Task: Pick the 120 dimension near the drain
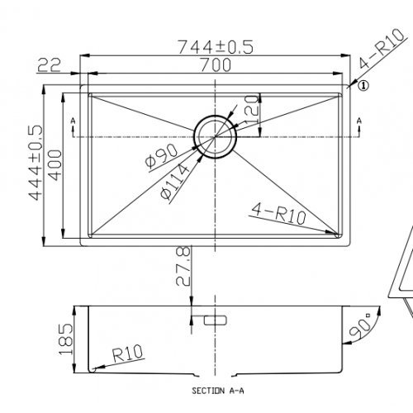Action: (x=252, y=110)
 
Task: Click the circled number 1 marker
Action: (x=363, y=84)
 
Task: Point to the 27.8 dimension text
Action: (x=182, y=266)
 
